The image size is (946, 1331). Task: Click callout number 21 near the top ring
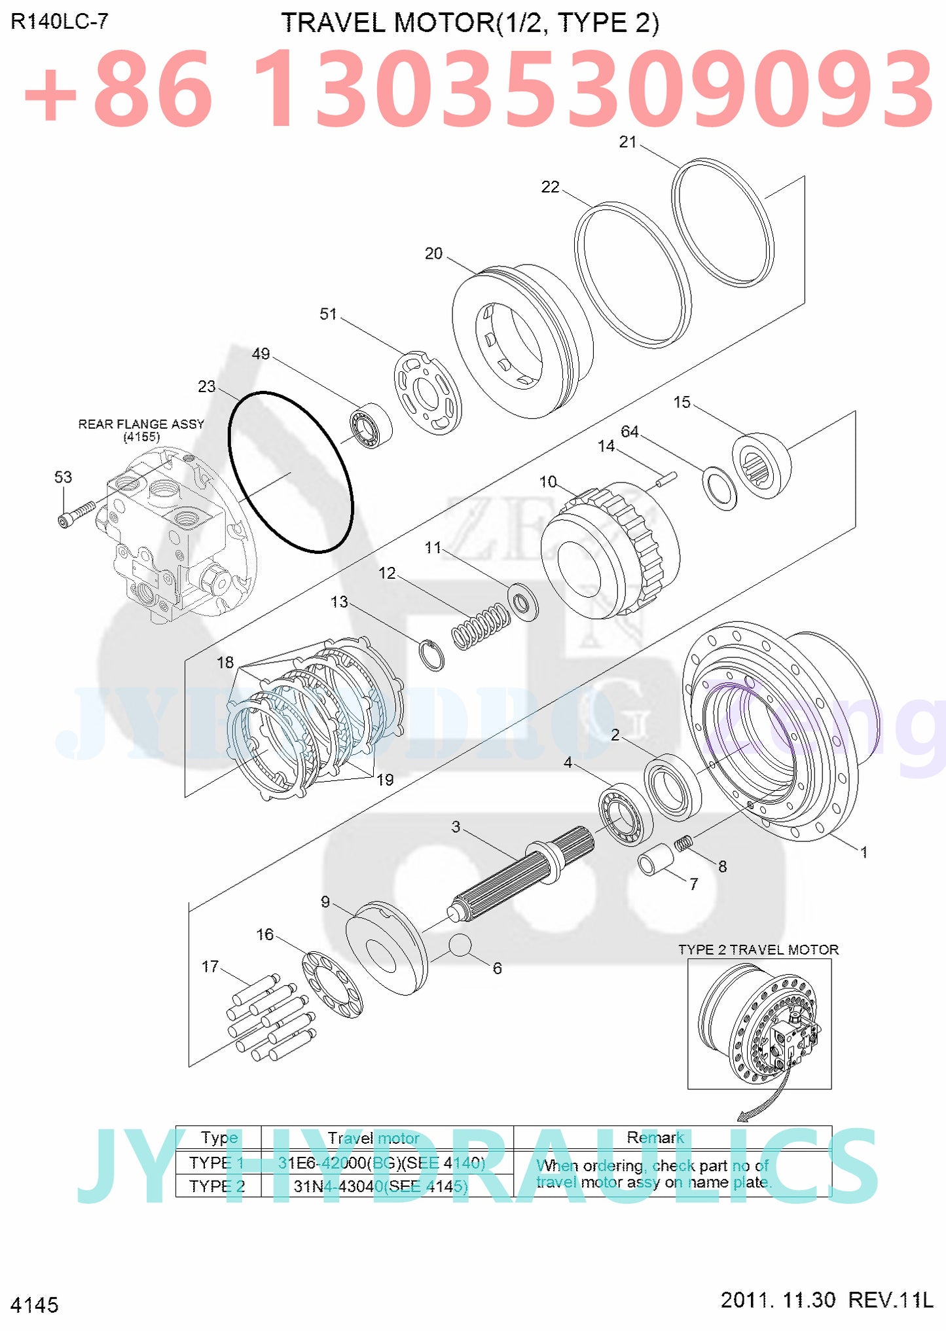tap(627, 142)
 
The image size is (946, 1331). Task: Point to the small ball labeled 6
tap(460, 945)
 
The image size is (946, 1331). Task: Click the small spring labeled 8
tap(683, 844)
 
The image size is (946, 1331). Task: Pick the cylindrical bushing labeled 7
tap(656, 859)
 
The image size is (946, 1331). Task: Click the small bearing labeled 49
tap(370, 426)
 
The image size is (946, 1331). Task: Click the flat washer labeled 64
tap(719, 488)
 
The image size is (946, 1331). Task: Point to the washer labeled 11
tap(523, 600)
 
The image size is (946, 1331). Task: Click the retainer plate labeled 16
tap(332, 985)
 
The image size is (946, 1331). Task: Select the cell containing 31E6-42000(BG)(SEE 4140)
tap(382, 1163)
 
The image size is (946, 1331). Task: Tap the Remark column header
tap(655, 1137)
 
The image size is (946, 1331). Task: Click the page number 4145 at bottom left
tap(35, 1304)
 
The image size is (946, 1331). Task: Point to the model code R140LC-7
tap(60, 22)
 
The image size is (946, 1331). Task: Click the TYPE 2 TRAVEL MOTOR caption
tap(757, 949)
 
